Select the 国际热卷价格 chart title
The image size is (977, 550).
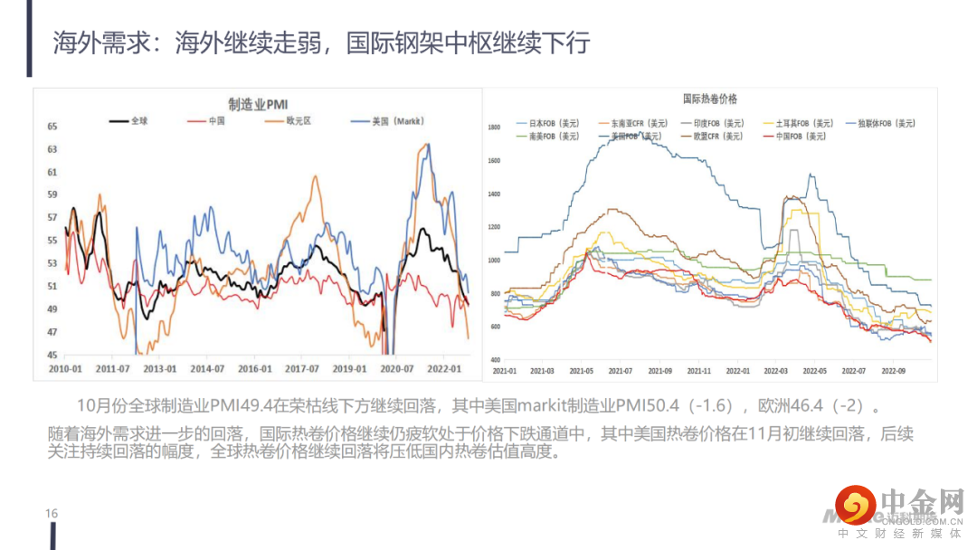pyautogui.click(x=709, y=98)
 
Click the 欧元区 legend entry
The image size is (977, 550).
pyautogui.click(x=298, y=120)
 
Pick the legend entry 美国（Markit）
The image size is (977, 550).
pyautogui.click(x=398, y=120)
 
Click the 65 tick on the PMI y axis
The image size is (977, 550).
pyautogui.click(x=52, y=126)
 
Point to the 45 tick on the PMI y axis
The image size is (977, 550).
pyautogui.click(x=52, y=356)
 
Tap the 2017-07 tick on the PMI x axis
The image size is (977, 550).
pyautogui.click(x=302, y=369)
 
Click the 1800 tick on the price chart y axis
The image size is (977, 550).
pyautogui.click(x=494, y=128)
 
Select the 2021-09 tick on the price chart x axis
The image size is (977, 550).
pyautogui.click(x=659, y=371)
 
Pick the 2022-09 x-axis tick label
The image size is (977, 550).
pyautogui.click(x=893, y=371)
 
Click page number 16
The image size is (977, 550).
pyautogui.click(x=52, y=514)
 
